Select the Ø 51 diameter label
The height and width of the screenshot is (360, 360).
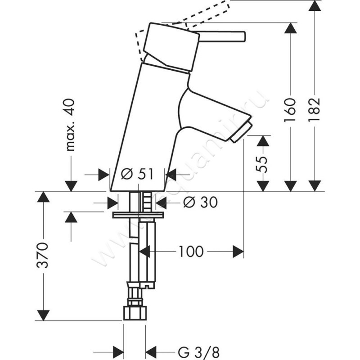click(138, 174)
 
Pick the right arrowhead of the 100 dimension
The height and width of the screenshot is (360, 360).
click(238, 251)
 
